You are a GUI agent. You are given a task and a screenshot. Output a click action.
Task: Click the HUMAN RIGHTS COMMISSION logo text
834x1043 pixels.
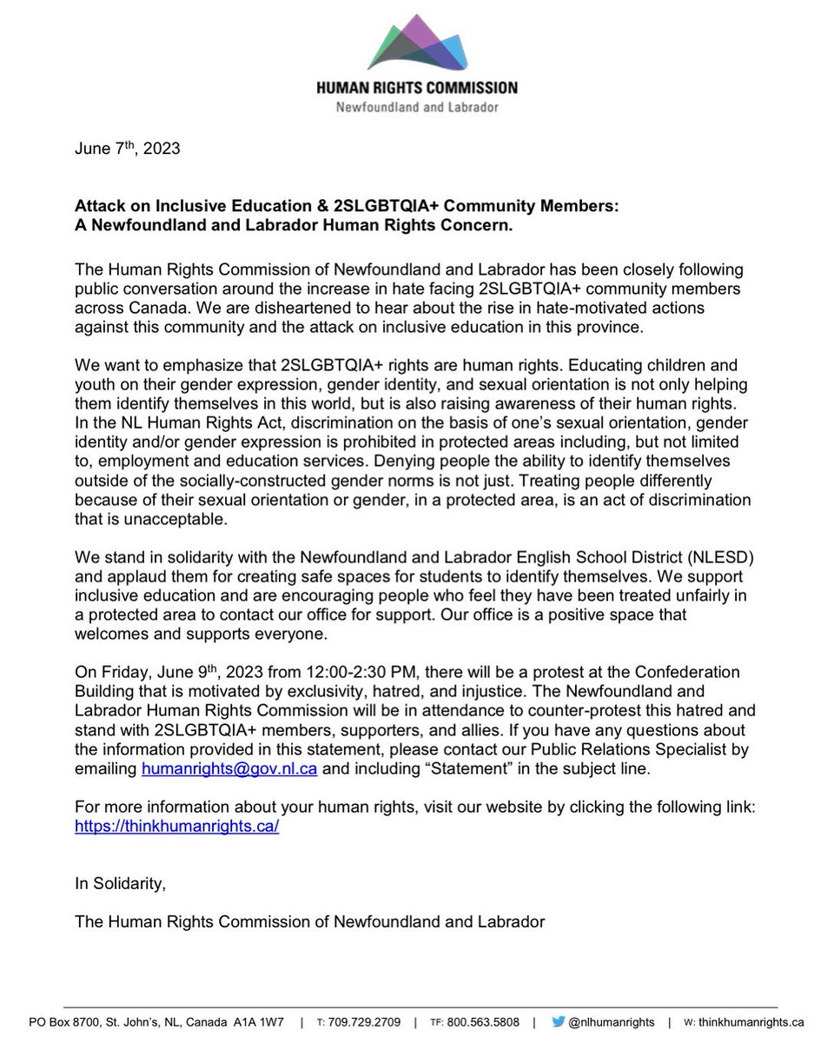417,88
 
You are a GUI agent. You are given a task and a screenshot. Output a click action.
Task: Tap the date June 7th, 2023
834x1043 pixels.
128,148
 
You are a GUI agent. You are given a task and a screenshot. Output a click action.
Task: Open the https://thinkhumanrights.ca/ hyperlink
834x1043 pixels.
177,827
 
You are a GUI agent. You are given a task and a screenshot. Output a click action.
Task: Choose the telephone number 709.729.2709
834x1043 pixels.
364,1022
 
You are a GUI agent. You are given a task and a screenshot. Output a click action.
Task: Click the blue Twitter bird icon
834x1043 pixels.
559,1022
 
